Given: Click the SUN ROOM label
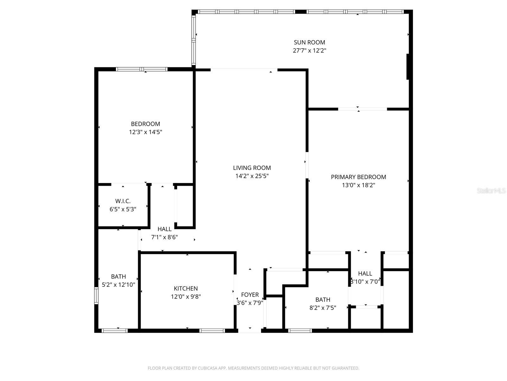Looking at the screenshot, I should [309, 42].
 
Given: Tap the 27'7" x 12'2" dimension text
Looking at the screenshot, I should [309, 50].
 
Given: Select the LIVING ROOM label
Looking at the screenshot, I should [252, 168].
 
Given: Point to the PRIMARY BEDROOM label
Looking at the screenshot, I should [358, 177].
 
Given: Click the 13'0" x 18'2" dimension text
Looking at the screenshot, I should [358, 185].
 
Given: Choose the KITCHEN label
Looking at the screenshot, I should [186, 289].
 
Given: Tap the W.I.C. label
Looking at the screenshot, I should [123, 201].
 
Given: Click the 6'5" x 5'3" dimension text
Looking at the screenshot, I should [123, 210].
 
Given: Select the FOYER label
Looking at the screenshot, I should [250, 295].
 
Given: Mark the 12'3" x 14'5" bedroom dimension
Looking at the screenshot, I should [145, 132].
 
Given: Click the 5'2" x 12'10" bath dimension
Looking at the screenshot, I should [119, 285].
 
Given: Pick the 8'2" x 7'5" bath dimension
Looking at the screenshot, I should [323, 308].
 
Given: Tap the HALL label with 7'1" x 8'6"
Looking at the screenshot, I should [164, 229].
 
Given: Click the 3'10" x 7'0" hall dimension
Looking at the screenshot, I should [365, 282].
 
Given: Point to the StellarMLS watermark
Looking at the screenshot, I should [491, 191].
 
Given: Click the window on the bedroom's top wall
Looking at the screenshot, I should [142, 69].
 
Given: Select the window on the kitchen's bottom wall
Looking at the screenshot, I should [212, 331].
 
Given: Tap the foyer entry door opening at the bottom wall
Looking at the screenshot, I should [250, 331].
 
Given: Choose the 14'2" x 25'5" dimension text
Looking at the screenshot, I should [252, 176].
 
